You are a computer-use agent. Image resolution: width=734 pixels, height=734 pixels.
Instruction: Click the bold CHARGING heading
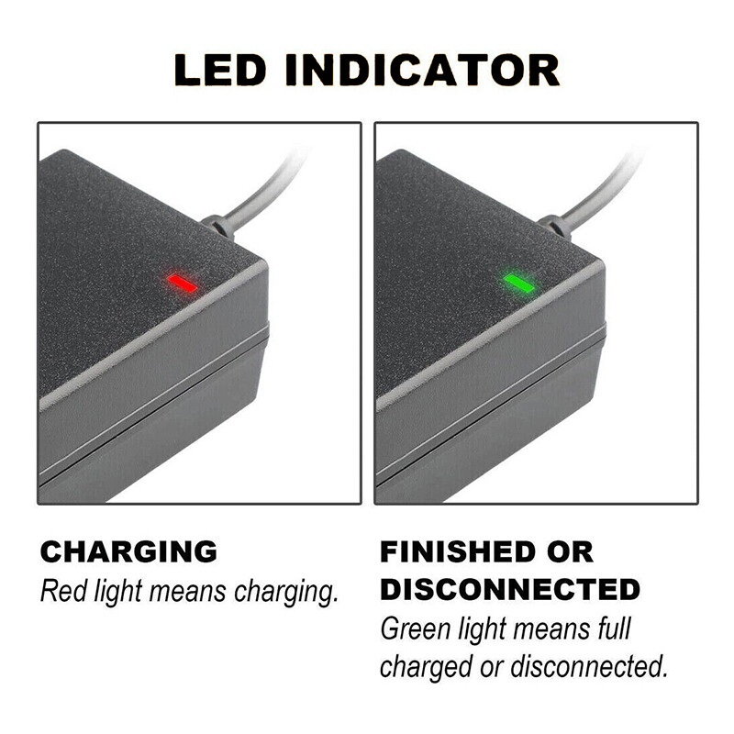[x=128, y=551]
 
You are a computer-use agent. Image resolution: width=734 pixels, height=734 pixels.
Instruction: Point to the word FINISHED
[x=466, y=551]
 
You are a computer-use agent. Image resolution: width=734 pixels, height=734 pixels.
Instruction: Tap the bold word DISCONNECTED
[x=510, y=588]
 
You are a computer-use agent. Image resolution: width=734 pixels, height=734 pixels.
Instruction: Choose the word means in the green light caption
[x=549, y=629]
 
